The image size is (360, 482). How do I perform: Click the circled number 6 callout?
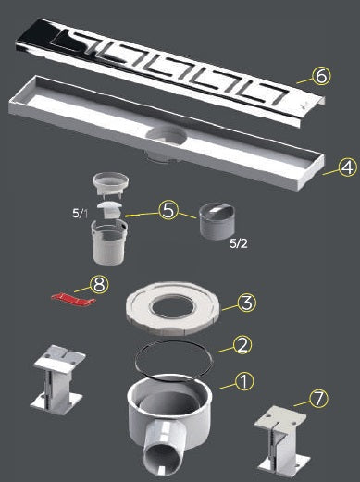(x=321, y=76)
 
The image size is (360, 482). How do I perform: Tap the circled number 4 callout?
(x=348, y=167)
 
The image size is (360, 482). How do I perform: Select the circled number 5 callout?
(x=168, y=210)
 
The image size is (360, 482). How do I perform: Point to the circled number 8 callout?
(x=99, y=285)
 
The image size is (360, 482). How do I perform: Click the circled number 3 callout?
(x=246, y=303)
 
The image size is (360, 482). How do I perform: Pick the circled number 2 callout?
(x=242, y=344)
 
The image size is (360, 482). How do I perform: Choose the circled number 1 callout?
(x=244, y=382)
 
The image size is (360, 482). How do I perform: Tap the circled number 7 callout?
(x=318, y=398)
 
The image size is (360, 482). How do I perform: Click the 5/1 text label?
(x=80, y=213)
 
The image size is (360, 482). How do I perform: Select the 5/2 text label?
(x=239, y=243)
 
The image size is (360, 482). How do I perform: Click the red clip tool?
(x=73, y=299)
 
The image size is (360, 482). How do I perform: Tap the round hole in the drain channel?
(x=167, y=136)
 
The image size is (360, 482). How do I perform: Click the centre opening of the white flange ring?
(x=172, y=306)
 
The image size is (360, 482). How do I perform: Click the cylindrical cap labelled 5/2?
(x=217, y=221)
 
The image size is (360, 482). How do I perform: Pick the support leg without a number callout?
(x=58, y=376)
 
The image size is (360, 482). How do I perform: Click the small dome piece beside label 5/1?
(x=111, y=210)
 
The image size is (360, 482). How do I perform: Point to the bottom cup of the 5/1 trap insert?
(x=109, y=241)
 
